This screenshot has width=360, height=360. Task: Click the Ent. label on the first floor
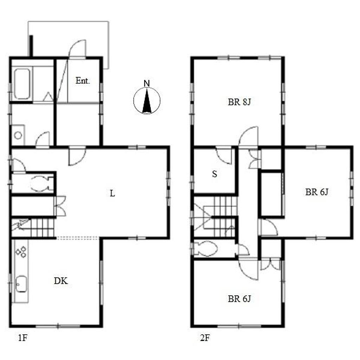tap(82, 81)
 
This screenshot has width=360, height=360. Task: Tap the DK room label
tap(61, 281)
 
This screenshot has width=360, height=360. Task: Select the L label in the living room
tap(112, 193)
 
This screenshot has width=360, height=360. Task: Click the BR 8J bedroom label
tap(239, 102)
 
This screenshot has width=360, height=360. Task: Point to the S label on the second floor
tap(215, 174)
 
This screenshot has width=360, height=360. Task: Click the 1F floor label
tap(23, 338)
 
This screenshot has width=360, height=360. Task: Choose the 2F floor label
tap(205, 338)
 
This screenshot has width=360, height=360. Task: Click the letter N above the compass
tap(147, 83)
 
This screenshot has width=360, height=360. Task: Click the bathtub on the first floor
tap(22, 84)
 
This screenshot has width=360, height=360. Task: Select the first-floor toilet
tap(41, 184)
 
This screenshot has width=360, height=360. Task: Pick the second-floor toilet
tap(206, 249)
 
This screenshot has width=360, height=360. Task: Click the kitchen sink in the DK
tap(21, 284)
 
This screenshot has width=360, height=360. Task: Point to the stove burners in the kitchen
tap(21, 252)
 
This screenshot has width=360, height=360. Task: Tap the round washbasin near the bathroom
tap(18, 135)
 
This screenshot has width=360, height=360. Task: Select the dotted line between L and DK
tap(78, 238)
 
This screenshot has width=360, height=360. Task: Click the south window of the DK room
tap(58, 326)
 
